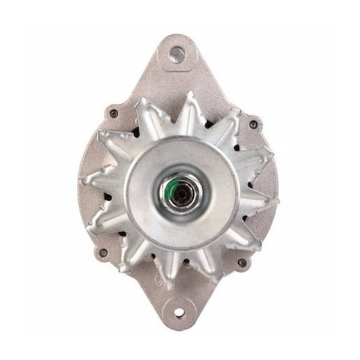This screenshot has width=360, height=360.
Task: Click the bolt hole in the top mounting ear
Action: (177, 53)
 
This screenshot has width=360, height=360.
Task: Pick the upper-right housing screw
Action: (253, 124)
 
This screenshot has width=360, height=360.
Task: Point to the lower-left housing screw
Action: (104, 252)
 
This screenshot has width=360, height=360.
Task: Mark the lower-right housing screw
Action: (242, 262)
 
